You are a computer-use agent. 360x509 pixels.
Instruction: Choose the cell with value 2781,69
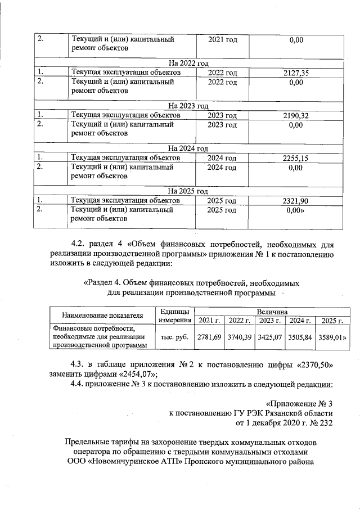tap(209, 337)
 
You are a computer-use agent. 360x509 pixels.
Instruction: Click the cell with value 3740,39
tap(239, 337)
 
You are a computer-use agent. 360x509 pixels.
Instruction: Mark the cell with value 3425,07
tap(269, 337)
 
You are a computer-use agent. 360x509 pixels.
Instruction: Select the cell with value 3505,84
tap(300, 337)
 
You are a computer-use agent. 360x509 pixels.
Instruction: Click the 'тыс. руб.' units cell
tap(174, 337)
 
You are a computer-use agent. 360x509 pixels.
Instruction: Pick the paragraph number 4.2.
tap(81, 244)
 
